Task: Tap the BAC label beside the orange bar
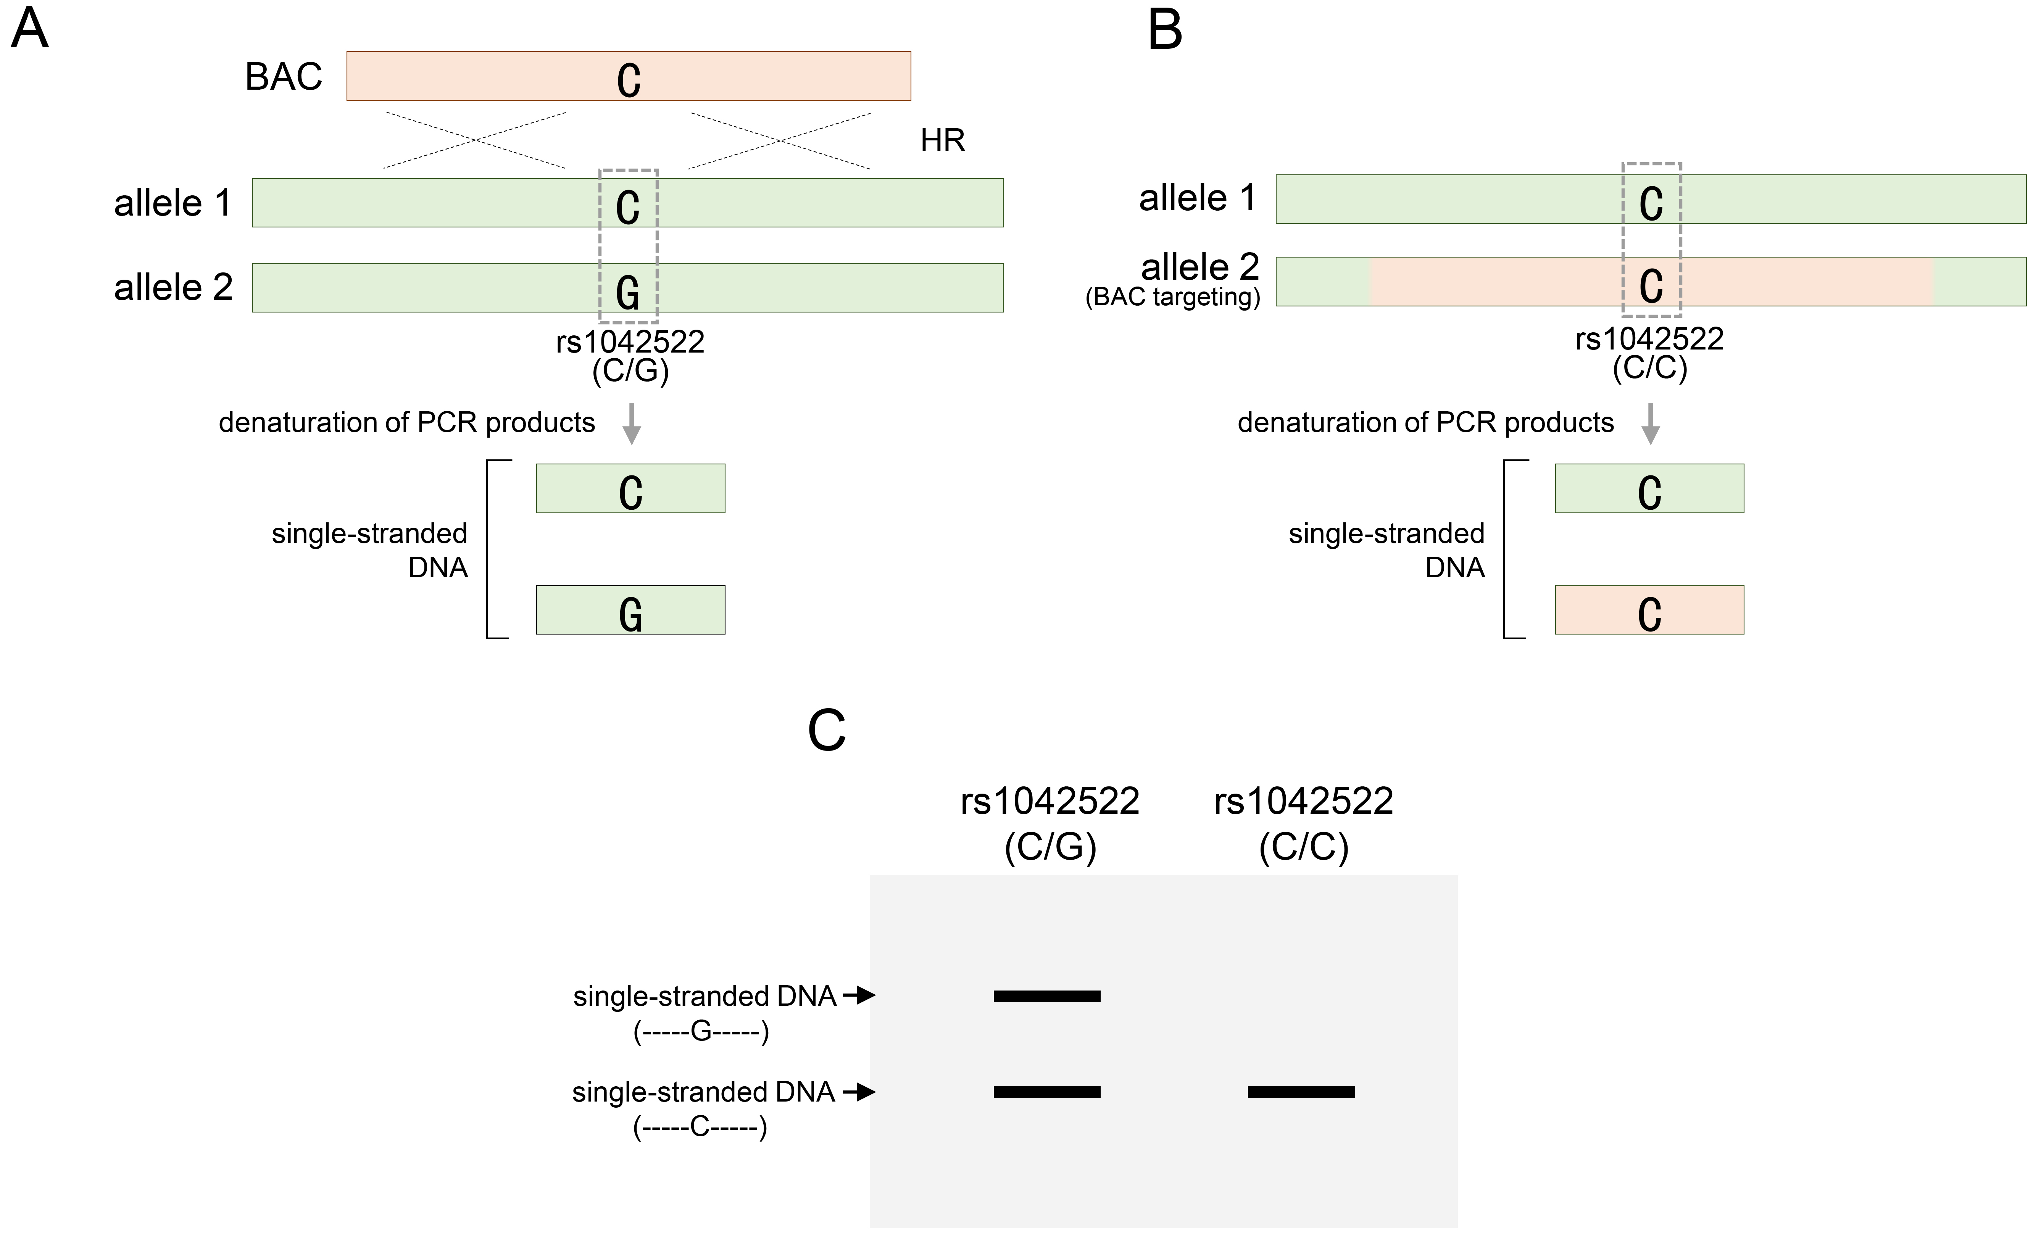pos(283,77)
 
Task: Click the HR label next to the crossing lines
pos(943,141)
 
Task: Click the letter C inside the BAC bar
pos(629,80)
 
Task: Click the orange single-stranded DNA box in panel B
pos(1649,610)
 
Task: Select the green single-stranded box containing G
pos(630,610)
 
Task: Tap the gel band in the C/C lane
pos(1301,1092)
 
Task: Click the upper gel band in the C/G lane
pos(1047,996)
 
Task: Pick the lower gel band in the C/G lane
pos(1047,1092)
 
